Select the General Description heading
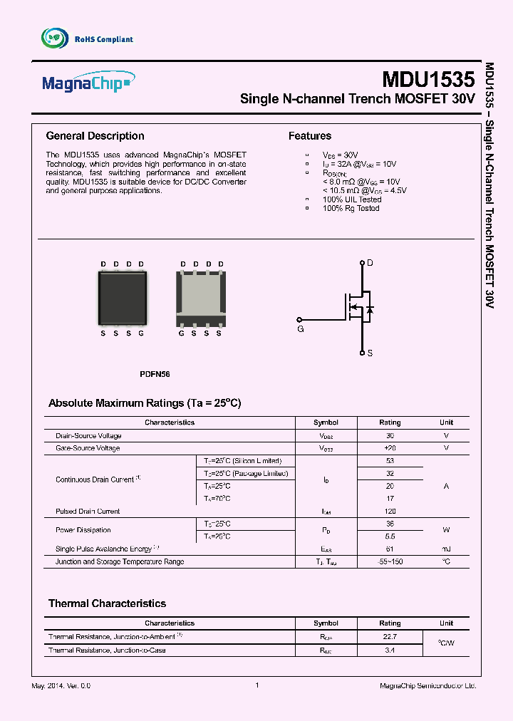[95, 136]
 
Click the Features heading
[309, 136]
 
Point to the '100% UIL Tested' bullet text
[352, 199]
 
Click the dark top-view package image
[122, 299]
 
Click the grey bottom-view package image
[200, 299]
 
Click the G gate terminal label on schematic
[300, 330]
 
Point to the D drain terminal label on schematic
[370, 263]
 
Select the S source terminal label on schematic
[370, 353]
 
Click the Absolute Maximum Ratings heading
[145, 403]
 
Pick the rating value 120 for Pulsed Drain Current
[390, 512]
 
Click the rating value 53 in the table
[390, 461]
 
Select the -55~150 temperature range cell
[390, 561]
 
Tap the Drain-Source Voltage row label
[88, 435]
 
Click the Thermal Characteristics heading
[107, 603]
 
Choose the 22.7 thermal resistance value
[390, 636]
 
